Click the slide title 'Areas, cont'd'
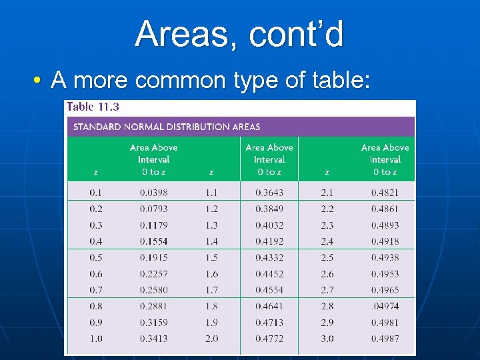(239, 34)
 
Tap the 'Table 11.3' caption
(93, 107)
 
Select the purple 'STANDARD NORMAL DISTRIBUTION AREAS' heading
(167, 127)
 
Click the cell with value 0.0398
(153, 193)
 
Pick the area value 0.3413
(153, 339)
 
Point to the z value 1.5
(211, 257)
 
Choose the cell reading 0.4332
(269, 257)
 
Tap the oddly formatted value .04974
(385, 306)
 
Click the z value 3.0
(327, 339)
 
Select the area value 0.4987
(385, 339)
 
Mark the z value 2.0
(211, 339)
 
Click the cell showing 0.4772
(269, 339)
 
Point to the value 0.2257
(153, 274)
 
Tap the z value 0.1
(96, 193)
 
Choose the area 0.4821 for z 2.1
(385, 193)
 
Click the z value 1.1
(211, 193)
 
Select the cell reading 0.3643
(269, 193)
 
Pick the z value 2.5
(327, 257)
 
